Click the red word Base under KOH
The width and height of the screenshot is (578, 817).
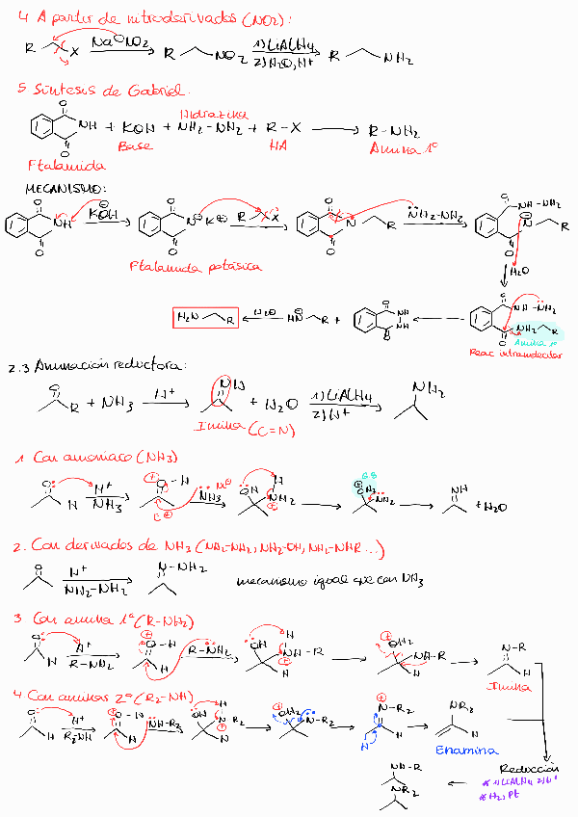pos(135,146)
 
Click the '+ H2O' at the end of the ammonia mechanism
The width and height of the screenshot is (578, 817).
pos(490,506)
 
